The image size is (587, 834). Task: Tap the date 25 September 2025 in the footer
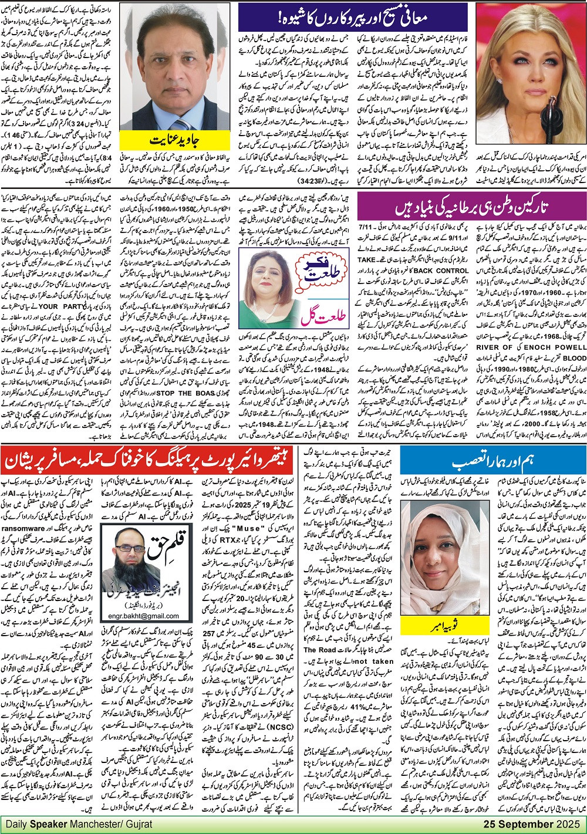(534, 823)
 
